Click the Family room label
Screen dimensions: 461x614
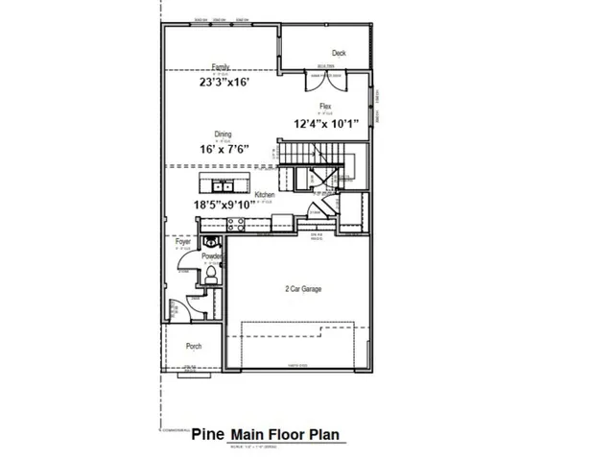coord(221,67)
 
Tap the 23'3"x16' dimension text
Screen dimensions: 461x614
coord(229,83)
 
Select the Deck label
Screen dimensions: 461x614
coord(338,53)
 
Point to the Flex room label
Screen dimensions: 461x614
coord(325,108)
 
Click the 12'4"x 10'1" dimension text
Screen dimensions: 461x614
coord(326,123)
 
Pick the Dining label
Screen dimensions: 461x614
coord(222,135)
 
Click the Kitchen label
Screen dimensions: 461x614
coord(265,194)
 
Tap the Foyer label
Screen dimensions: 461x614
coord(183,241)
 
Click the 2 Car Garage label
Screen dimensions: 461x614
coord(303,288)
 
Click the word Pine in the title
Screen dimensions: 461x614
coord(207,434)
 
